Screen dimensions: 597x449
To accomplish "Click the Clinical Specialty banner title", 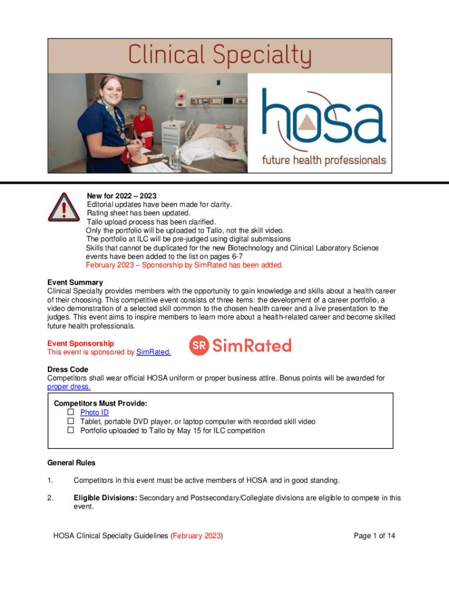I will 220,57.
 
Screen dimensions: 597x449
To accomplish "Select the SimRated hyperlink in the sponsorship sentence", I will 153,352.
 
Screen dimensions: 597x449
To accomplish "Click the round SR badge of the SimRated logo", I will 199,346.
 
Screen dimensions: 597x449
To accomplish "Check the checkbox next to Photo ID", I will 71,412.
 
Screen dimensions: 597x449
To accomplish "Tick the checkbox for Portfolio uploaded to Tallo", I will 71,430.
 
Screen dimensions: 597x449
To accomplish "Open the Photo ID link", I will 94,413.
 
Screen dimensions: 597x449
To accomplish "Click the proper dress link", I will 69,387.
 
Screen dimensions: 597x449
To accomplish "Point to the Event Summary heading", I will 75,283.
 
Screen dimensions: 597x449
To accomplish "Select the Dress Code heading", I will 68,370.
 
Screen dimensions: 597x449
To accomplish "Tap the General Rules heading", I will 71,463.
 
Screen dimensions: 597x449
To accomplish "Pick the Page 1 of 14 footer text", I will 375,536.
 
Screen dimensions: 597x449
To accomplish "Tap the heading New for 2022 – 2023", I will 122,195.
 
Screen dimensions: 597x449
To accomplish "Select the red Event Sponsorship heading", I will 80,343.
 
